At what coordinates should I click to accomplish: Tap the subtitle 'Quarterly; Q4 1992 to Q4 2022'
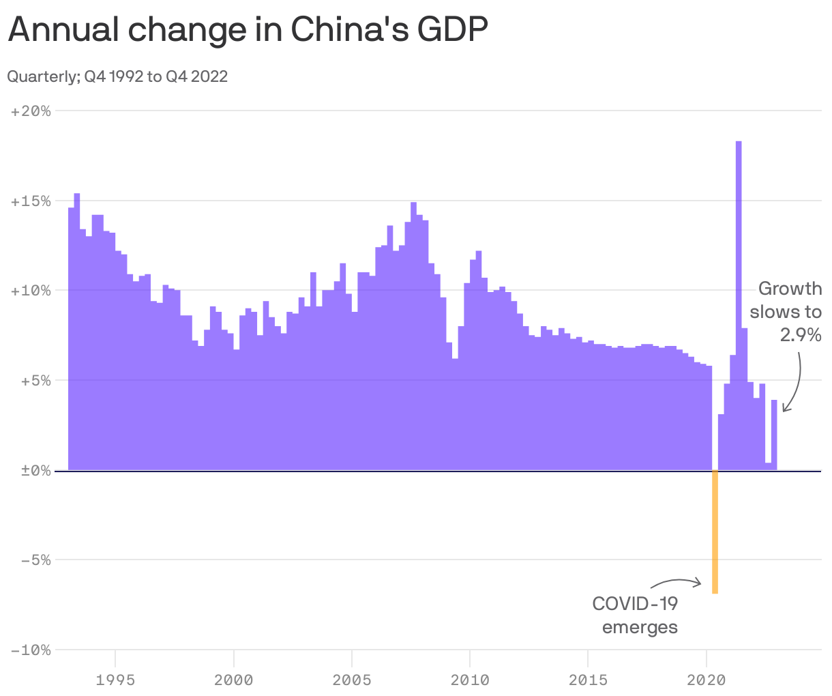tap(117, 76)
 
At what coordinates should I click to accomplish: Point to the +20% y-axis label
tap(31, 111)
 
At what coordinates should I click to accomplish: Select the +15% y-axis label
tap(31, 201)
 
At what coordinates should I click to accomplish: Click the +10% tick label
tap(31, 291)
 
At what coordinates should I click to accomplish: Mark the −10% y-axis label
tap(31, 650)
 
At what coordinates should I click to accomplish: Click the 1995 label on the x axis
tap(116, 680)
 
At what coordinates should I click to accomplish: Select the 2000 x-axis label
tap(234, 680)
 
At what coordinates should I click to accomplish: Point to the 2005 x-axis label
tap(352, 680)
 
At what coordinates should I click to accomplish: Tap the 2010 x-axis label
tap(470, 680)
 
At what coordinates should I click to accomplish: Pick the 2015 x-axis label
tap(588, 680)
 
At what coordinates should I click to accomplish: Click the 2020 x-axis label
tap(706, 680)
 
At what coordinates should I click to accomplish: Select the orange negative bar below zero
tap(715, 532)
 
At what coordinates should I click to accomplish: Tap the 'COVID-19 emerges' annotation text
tap(636, 615)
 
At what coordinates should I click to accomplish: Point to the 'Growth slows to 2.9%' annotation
tap(786, 312)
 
